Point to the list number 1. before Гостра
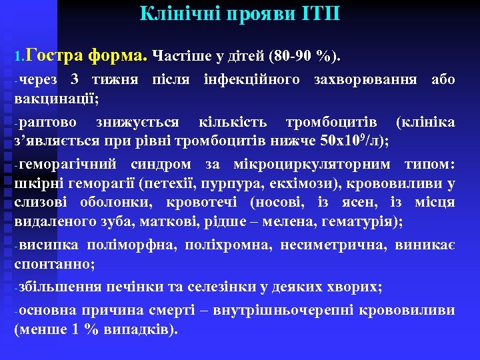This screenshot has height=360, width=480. [x=19, y=55]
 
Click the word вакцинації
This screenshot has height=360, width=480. [x=55, y=100]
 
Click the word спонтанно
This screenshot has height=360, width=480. [x=53, y=265]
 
